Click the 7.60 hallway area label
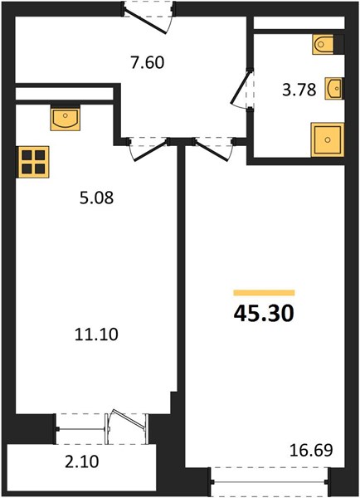[x=148, y=62]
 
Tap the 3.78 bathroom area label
[x=299, y=90]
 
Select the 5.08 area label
[x=96, y=198]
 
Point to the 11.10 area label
[x=96, y=334]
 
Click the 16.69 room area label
[x=311, y=450]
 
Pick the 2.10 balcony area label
[x=82, y=461]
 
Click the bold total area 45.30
[x=264, y=314]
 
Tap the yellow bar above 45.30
[x=264, y=293]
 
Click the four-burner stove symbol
[x=33, y=162]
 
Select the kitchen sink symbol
[x=65, y=118]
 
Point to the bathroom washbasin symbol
[x=333, y=89]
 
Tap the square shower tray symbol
[x=328, y=139]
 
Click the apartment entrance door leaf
[x=145, y=21]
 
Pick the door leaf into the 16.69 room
[x=212, y=150]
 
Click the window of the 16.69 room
[x=270, y=481]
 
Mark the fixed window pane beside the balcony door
[x=81, y=429]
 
